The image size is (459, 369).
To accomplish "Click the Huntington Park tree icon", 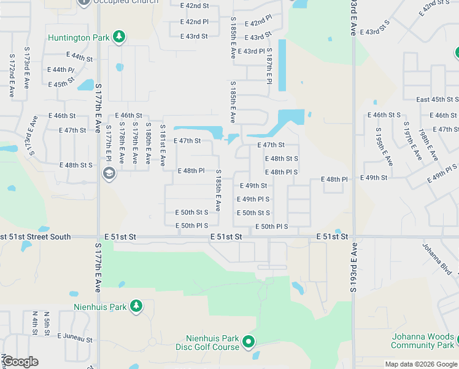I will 119,38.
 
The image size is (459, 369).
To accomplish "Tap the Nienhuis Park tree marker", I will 136,306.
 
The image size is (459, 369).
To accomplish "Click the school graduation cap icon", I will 109,173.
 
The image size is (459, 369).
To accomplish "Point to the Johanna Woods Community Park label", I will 423,341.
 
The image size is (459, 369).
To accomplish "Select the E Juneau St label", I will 75,338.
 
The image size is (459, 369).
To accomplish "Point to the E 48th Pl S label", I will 282,172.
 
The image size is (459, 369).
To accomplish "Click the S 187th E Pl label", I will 269,68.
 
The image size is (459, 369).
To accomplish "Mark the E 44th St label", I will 81,57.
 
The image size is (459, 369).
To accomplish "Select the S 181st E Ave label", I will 162,145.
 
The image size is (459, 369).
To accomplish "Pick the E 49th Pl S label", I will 253,199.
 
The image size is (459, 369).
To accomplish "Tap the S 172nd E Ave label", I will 12,76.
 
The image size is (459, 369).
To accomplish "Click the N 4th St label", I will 35,323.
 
